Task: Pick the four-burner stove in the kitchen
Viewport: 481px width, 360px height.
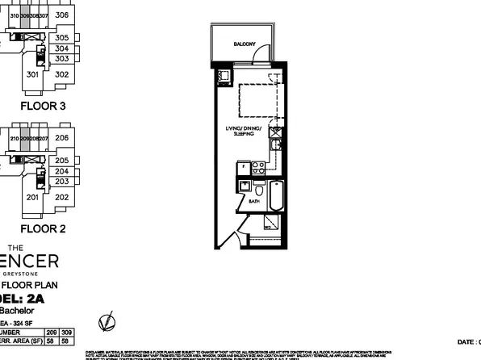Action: point(260,169)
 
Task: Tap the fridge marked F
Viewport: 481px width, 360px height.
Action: point(241,169)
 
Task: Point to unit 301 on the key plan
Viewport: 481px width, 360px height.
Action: point(33,74)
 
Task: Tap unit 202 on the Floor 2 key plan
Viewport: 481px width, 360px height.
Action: point(61,197)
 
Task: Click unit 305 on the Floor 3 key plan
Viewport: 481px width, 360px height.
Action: point(62,37)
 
